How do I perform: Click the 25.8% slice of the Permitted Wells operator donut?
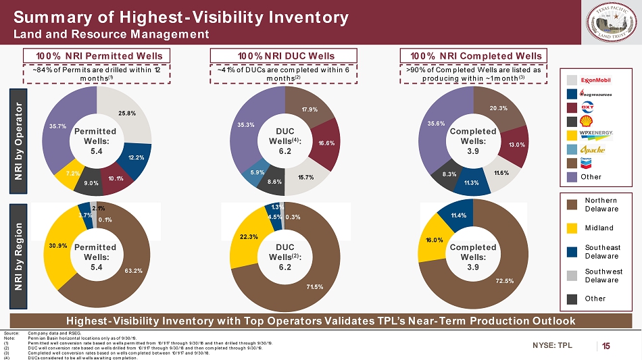122,111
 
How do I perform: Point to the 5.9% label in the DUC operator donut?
248,172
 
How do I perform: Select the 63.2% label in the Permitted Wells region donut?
133,272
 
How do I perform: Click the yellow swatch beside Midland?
571,229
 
